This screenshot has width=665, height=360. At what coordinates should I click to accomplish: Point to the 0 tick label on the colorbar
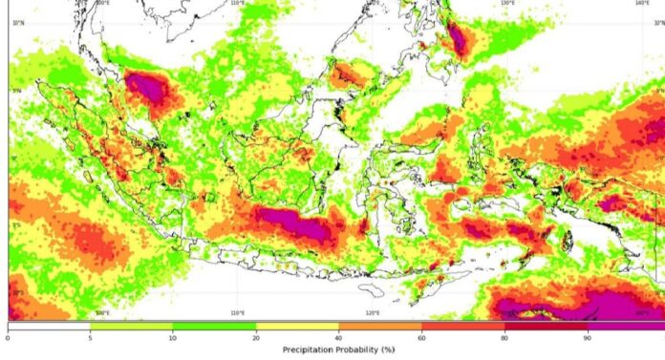(x=8, y=337)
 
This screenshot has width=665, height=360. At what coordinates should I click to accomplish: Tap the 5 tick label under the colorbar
(x=90, y=337)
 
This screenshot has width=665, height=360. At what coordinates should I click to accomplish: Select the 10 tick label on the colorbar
(x=172, y=337)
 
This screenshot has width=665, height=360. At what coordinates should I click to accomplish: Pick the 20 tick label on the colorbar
(x=255, y=337)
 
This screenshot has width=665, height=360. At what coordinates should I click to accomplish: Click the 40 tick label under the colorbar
(x=338, y=337)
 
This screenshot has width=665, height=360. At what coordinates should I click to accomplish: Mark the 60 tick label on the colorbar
(x=421, y=337)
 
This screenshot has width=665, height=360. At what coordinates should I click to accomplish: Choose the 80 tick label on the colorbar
(x=504, y=337)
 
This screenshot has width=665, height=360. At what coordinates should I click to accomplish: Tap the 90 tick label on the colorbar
(x=587, y=337)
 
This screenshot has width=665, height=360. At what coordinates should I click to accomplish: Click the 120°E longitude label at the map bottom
(x=373, y=313)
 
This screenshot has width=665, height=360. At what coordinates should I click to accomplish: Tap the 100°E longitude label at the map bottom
(x=102, y=313)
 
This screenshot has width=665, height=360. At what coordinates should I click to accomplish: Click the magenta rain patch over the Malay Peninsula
(x=146, y=86)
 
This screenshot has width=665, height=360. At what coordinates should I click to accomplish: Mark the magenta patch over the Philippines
(x=456, y=39)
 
